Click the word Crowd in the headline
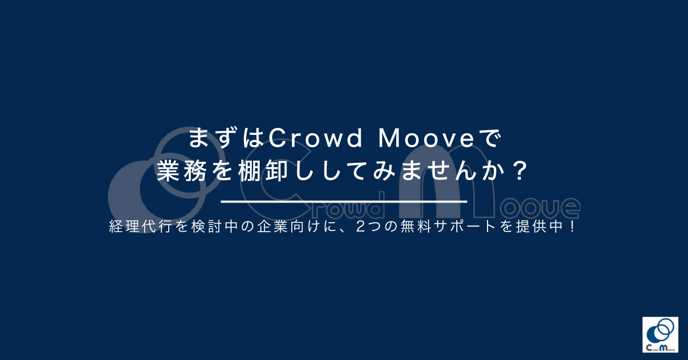tap(316, 139)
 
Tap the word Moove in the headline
tap(427, 139)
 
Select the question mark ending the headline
tap(520, 170)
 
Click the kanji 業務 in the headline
tap(182, 170)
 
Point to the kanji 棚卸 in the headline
tap(263, 170)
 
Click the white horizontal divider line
tap(344, 201)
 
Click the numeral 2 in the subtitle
tap(361, 227)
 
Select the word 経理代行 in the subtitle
tap(140, 227)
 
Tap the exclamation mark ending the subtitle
tap(572, 227)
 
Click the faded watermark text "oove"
tap(540, 208)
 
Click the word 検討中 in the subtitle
tap(214, 227)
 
